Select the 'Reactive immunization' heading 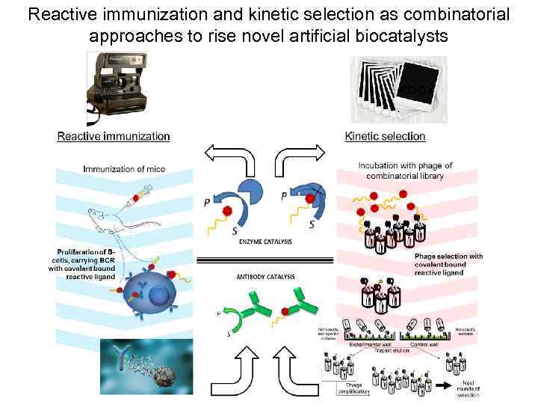114,136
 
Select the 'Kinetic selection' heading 385,136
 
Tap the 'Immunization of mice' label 124,169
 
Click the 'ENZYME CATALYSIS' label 266,242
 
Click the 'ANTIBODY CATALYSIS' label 266,277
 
